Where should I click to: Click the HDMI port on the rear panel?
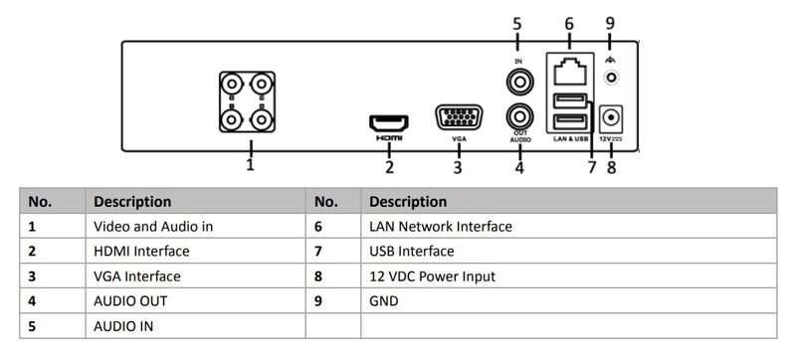point(389,123)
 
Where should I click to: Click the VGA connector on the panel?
point(459,118)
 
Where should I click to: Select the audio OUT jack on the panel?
point(518,116)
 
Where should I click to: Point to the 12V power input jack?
point(611,118)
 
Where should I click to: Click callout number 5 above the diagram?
point(517,22)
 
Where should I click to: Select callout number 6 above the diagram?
point(569,22)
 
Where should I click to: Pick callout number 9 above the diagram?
point(611,22)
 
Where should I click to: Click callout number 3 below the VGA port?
point(458,167)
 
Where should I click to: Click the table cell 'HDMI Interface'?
point(141,252)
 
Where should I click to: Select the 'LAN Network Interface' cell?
point(440,227)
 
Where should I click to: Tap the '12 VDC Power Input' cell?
point(432,276)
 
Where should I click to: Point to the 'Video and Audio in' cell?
point(153,227)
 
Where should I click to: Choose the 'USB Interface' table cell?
point(411,252)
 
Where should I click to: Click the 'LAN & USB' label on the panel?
point(569,140)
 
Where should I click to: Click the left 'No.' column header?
point(41,202)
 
